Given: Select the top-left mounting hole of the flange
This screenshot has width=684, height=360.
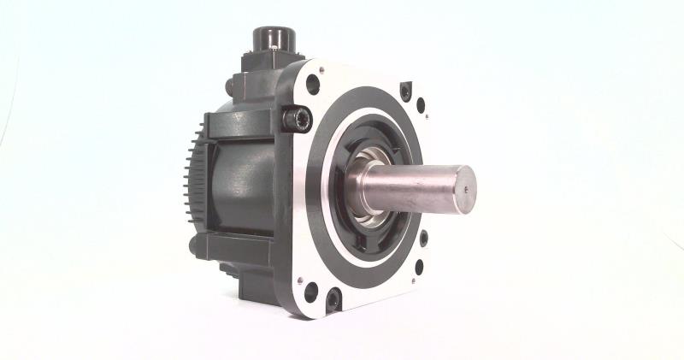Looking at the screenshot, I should point(313,85).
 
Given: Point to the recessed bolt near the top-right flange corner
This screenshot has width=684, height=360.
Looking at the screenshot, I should point(405,88).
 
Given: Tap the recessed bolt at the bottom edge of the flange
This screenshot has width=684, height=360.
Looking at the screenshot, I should point(333,300).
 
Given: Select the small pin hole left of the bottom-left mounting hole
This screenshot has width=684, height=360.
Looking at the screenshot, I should point(298,279).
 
